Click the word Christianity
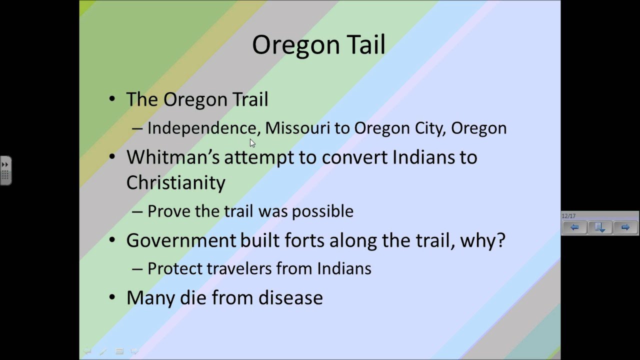(x=175, y=182)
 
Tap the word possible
(x=322, y=211)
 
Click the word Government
(x=180, y=240)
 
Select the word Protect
(x=175, y=268)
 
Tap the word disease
(x=290, y=297)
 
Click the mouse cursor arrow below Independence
(x=252, y=143)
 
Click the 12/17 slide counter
(x=568, y=216)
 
